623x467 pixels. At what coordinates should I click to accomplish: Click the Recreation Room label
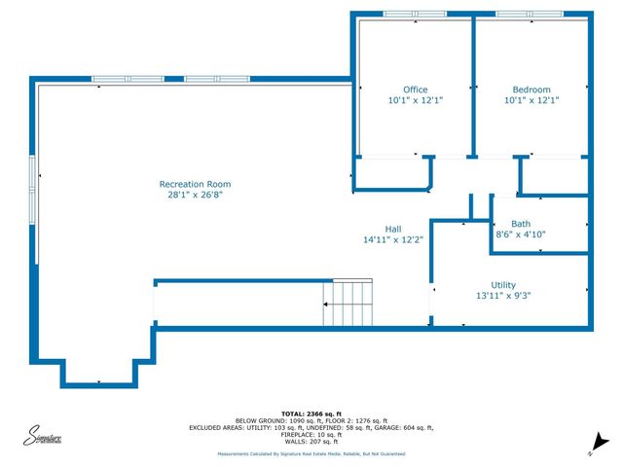pyautogui.click(x=196, y=184)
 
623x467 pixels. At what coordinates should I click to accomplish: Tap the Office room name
pyautogui.click(x=416, y=90)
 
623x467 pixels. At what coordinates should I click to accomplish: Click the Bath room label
pyautogui.click(x=521, y=223)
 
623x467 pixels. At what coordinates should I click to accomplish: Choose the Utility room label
pyautogui.click(x=502, y=284)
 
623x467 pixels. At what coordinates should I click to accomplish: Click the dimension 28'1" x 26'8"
pyautogui.click(x=196, y=195)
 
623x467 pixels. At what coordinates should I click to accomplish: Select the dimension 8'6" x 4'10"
pyautogui.click(x=521, y=233)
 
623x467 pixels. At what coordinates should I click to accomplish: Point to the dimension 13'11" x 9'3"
pyautogui.click(x=502, y=296)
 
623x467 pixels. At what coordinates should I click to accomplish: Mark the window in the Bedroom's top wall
pyautogui.click(x=530, y=13)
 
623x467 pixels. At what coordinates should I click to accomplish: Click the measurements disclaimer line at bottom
pyautogui.click(x=311, y=454)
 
